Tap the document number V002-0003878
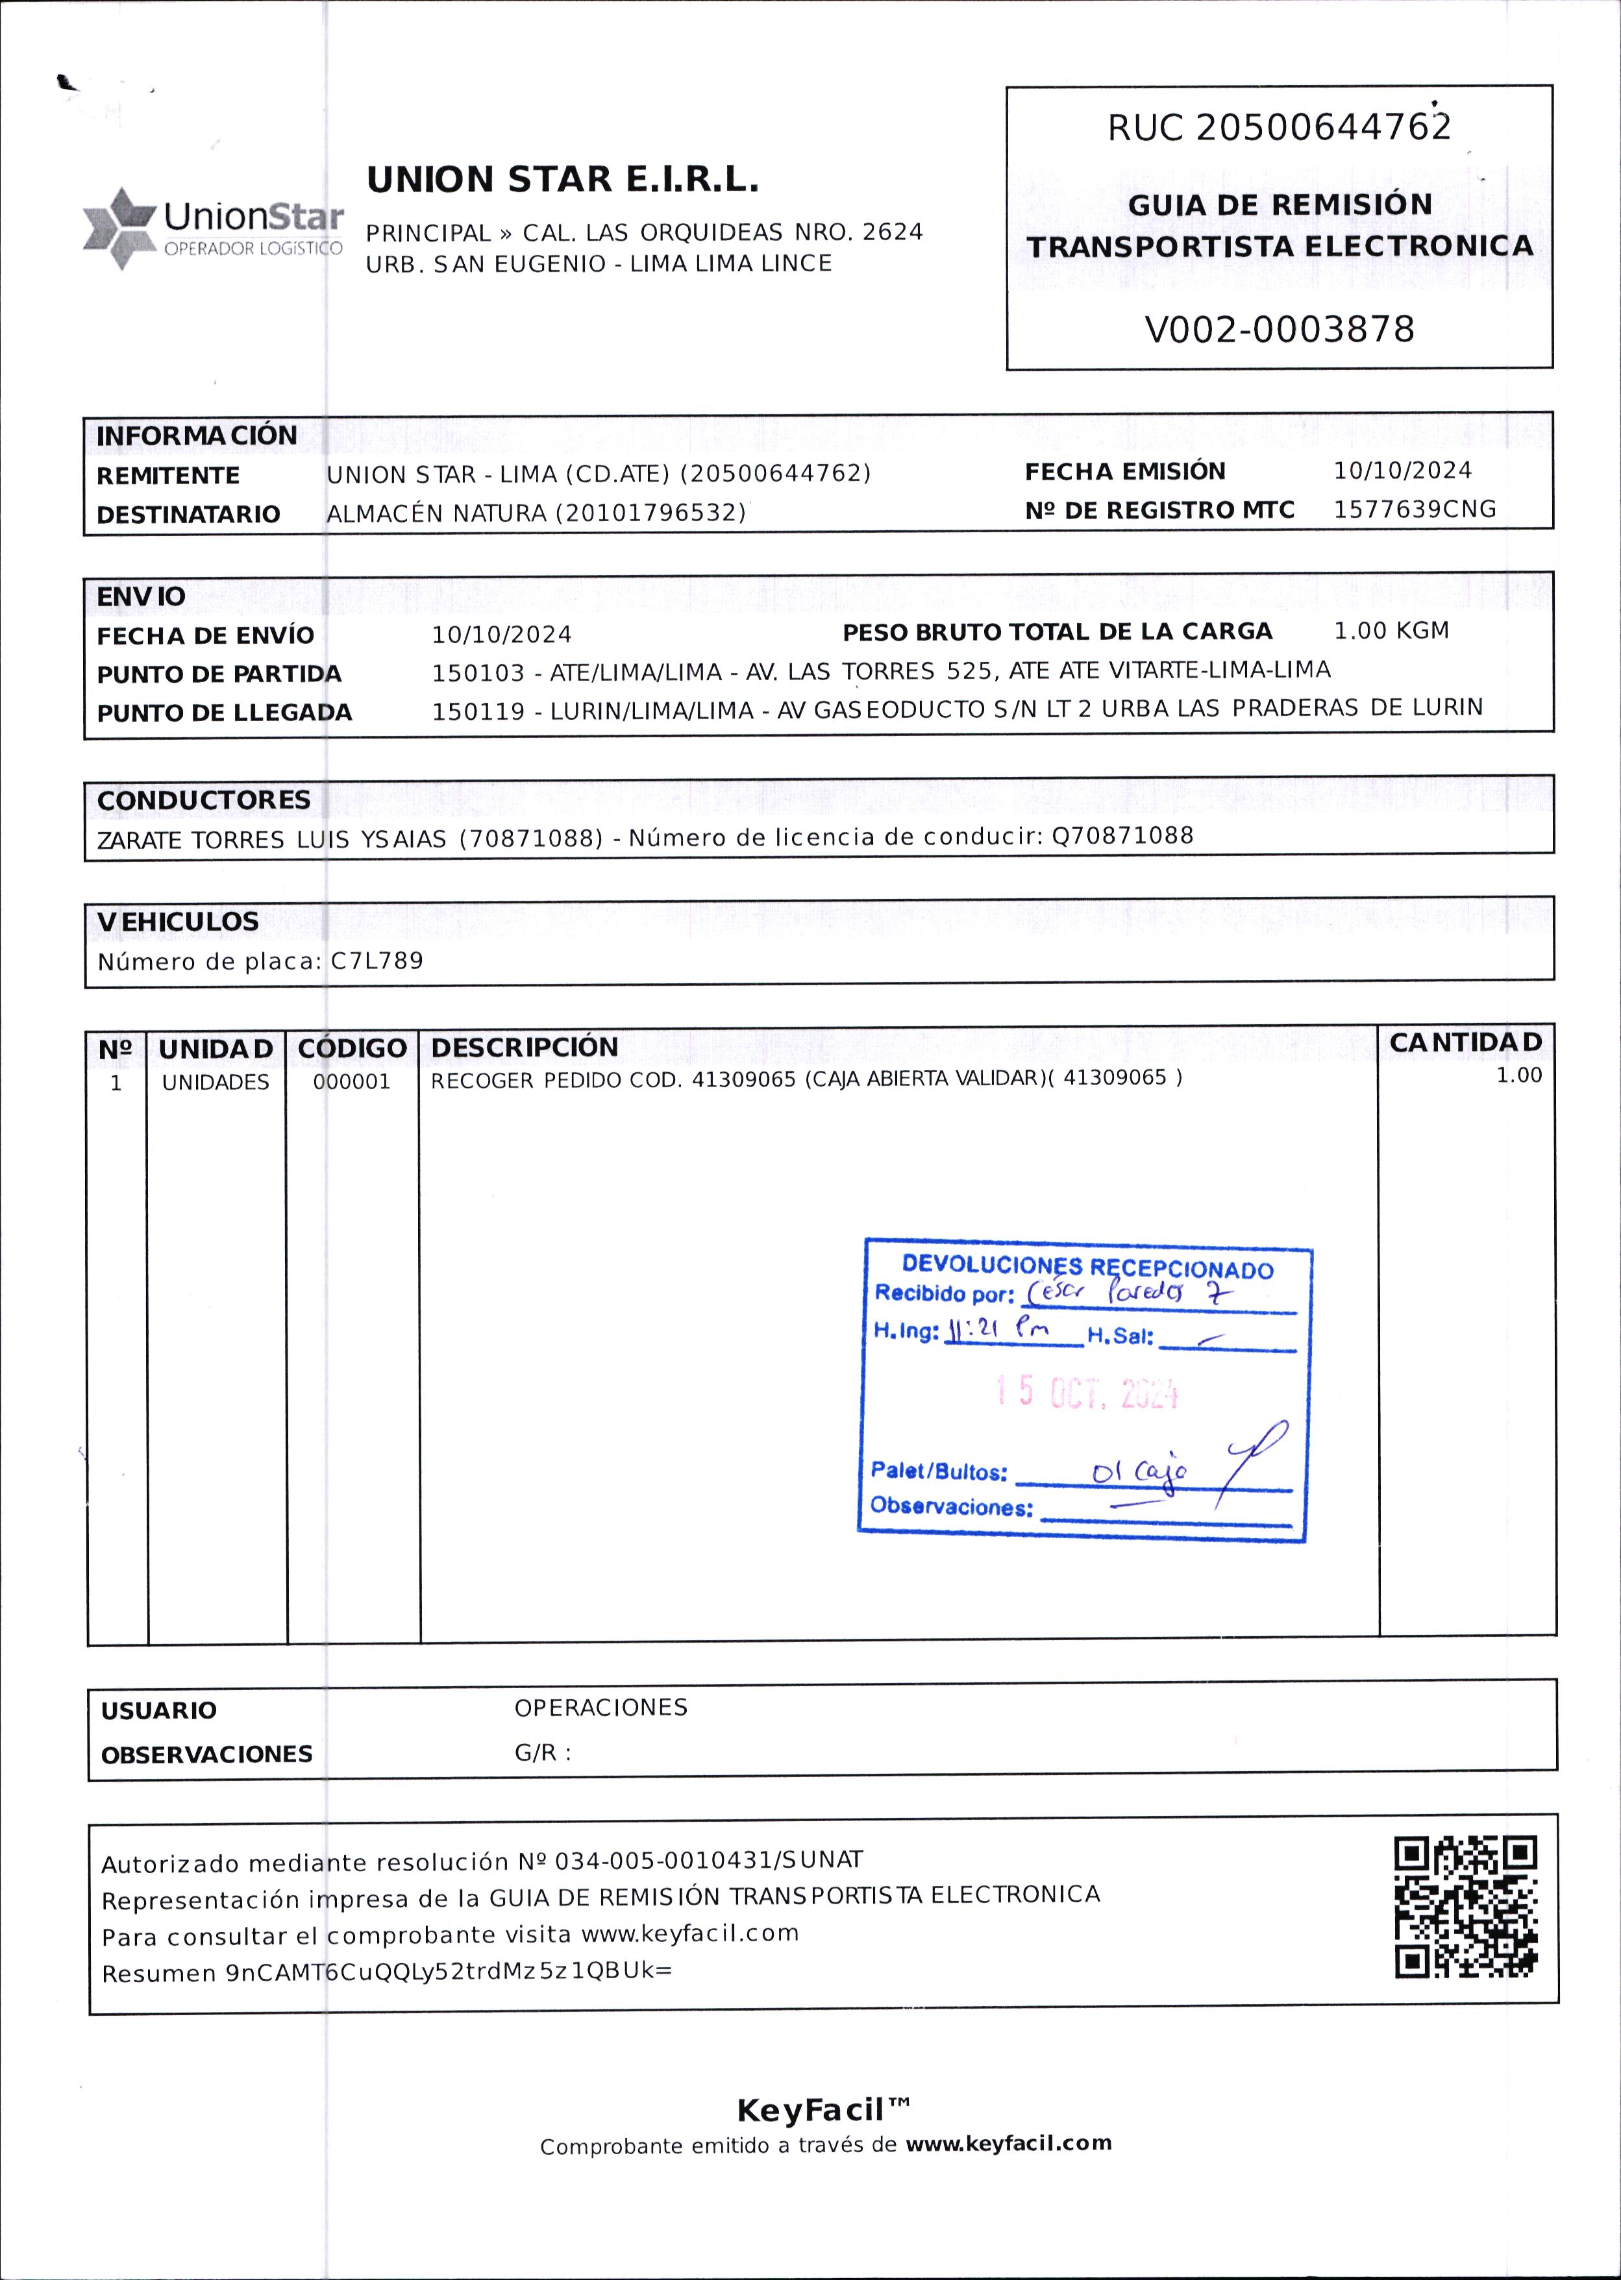1279,329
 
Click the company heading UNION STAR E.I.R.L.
562,180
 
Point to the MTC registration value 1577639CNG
1415,509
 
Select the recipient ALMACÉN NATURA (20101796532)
536,513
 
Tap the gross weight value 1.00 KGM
1391,631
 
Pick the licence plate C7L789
377,961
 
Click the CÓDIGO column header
351,1048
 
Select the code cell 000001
351,1082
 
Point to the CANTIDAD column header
1465,1043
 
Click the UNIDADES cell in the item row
216,1083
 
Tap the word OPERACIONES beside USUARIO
601,1708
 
